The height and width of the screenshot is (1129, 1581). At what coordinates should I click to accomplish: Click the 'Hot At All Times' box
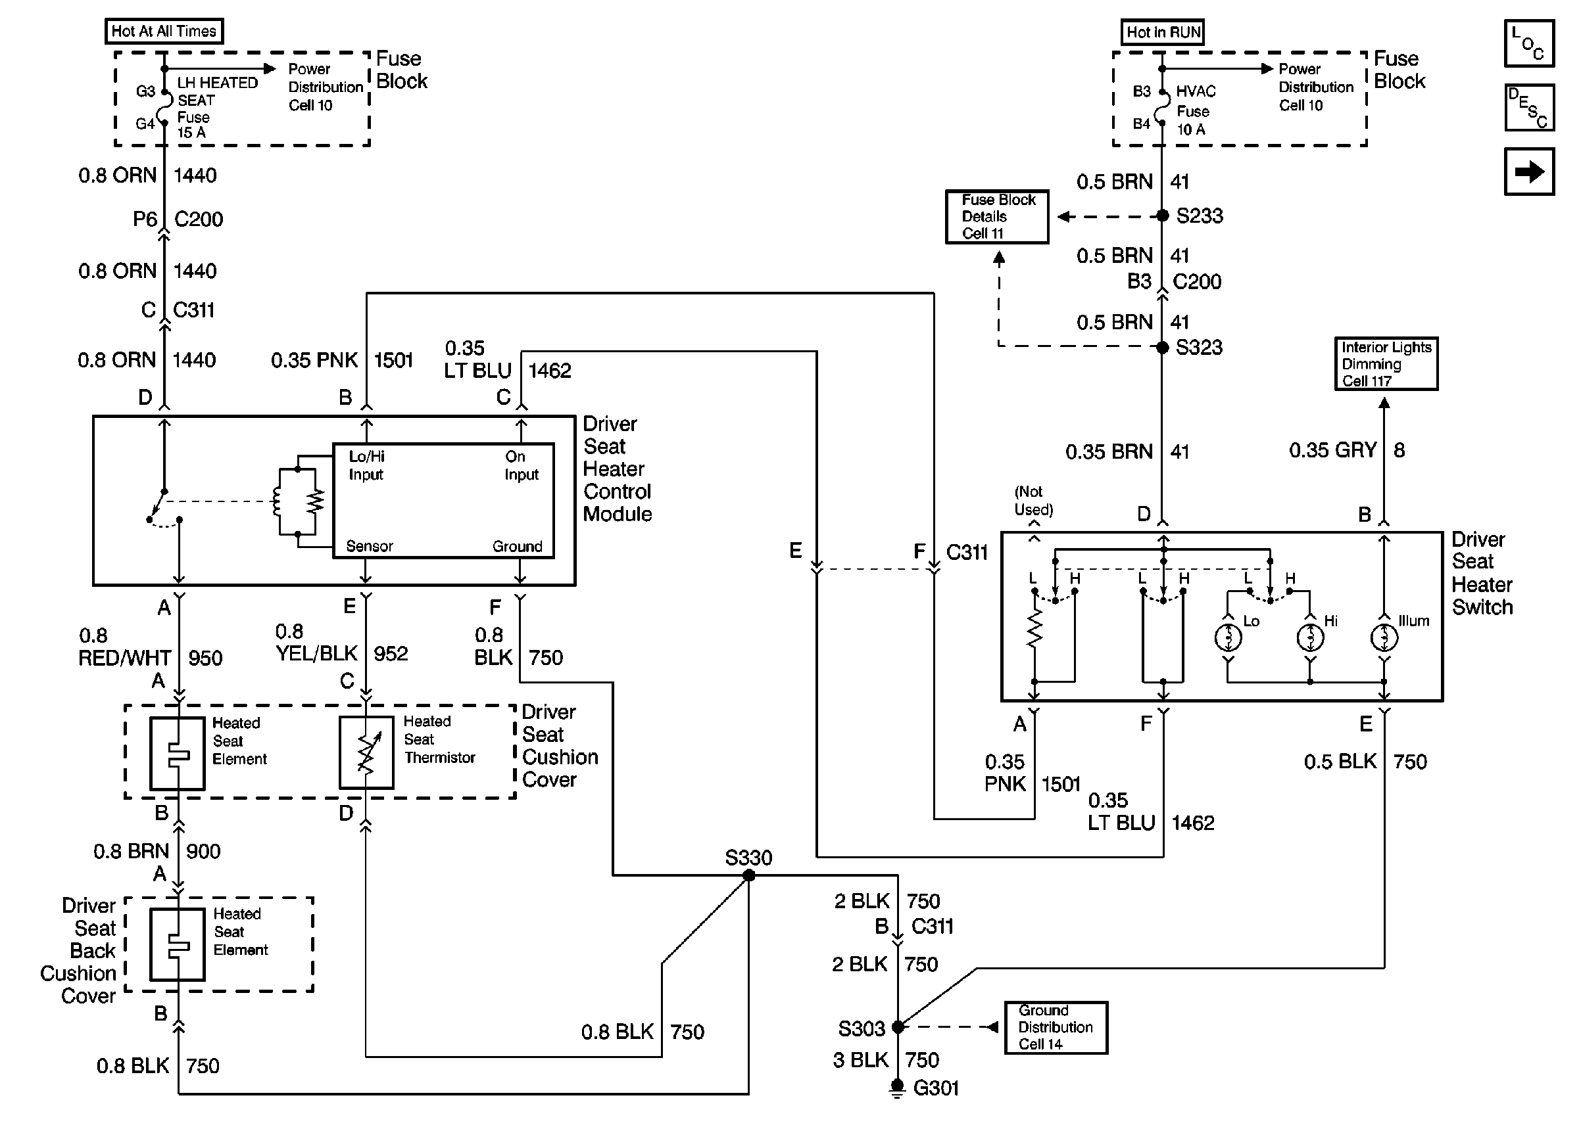[164, 32]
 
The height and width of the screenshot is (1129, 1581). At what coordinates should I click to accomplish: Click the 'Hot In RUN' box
[1163, 32]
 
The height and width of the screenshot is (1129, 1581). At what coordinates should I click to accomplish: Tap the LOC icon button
[1528, 43]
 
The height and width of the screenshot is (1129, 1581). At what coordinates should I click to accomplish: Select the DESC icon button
[1528, 107]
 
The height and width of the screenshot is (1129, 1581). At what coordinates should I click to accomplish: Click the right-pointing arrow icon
[1528, 171]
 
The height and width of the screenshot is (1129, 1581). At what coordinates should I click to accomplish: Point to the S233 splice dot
[1162, 216]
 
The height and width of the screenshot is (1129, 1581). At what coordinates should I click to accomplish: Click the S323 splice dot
[1162, 347]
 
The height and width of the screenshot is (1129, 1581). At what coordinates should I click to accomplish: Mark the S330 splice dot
[749, 875]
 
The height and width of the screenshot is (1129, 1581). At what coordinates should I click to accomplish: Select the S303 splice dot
[897, 1026]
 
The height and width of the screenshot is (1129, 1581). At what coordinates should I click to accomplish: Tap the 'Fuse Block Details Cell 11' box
[997, 217]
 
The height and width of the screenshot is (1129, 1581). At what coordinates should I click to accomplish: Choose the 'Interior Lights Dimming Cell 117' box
[1386, 363]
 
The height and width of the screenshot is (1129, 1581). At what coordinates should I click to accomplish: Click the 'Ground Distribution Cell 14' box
[1055, 1026]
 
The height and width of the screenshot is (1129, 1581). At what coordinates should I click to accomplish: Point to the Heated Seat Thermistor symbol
[366, 753]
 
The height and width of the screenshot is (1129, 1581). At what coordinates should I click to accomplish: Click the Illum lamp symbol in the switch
[1384, 637]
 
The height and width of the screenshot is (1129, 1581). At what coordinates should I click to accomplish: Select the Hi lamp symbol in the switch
[1311, 637]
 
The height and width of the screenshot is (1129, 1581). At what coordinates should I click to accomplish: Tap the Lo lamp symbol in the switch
[1228, 637]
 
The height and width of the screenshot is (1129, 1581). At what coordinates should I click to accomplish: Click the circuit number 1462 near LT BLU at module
[550, 371]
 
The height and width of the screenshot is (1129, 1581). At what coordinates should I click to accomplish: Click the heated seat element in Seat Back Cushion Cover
[178, 944]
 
